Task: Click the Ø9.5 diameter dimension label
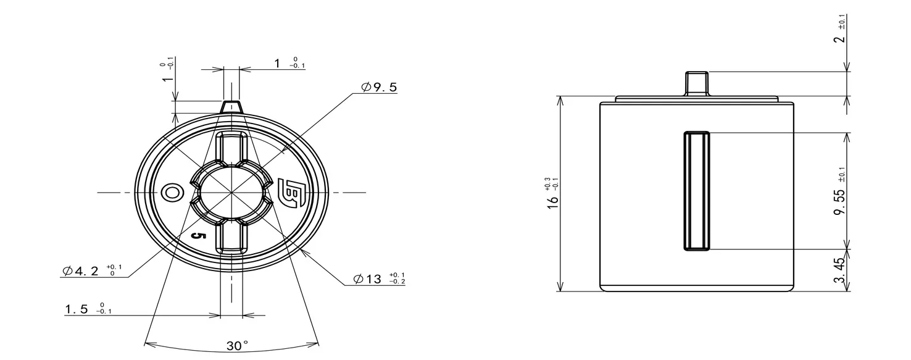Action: tap(378, 87)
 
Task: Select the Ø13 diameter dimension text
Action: tap(379, 278)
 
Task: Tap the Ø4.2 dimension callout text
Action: tap(92, 270)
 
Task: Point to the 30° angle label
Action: tap(237, 346)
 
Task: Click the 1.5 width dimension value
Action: tap(88, 309)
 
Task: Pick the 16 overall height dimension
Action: tap(552, 193)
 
